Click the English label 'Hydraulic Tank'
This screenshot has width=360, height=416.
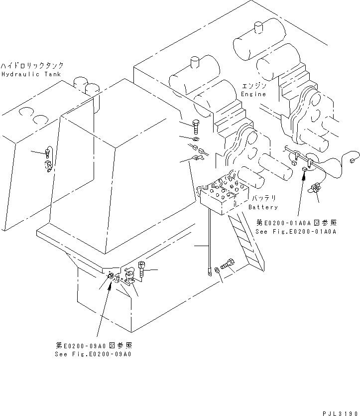(31, 74)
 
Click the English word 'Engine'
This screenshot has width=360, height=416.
(254, 94)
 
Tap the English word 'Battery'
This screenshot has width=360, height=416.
(263, 207)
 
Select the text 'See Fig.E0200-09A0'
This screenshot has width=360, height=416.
(94, 354)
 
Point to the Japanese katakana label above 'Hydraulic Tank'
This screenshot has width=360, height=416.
(32, 66)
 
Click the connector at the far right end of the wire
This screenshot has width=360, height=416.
(355, 160)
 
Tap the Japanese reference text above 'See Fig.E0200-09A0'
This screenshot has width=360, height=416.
(94, 346)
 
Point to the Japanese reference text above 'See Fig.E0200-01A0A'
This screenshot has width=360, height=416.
(296, 223)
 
